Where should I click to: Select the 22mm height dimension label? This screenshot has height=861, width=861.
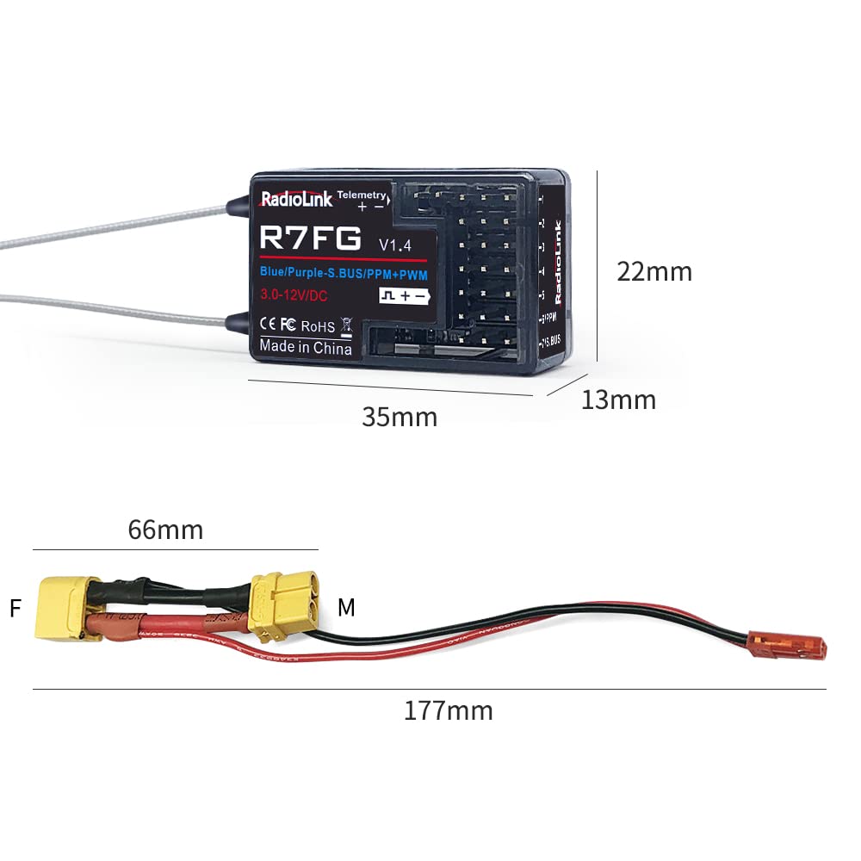(654, 271)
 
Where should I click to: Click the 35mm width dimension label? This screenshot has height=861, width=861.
(400, 417)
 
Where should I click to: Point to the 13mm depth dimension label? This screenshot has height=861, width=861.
(618, 400)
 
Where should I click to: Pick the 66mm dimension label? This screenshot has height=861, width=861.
(165, 530)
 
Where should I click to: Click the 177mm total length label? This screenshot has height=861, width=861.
(449, 711)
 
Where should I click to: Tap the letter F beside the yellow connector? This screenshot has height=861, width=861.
(15, 609)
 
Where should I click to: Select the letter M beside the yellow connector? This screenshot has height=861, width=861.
(346, 608)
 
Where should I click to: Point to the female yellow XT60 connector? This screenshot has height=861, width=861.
(60, 608)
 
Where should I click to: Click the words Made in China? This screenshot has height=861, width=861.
(306, 348)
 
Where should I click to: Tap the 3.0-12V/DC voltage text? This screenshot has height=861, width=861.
(294, 295)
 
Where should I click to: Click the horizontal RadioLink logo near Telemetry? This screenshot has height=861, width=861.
(296, 200)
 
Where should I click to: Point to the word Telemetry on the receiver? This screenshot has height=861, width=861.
(362, 195)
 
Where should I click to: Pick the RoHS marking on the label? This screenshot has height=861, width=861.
(318, 327)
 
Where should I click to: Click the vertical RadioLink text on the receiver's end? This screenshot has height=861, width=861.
(557, 262)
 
